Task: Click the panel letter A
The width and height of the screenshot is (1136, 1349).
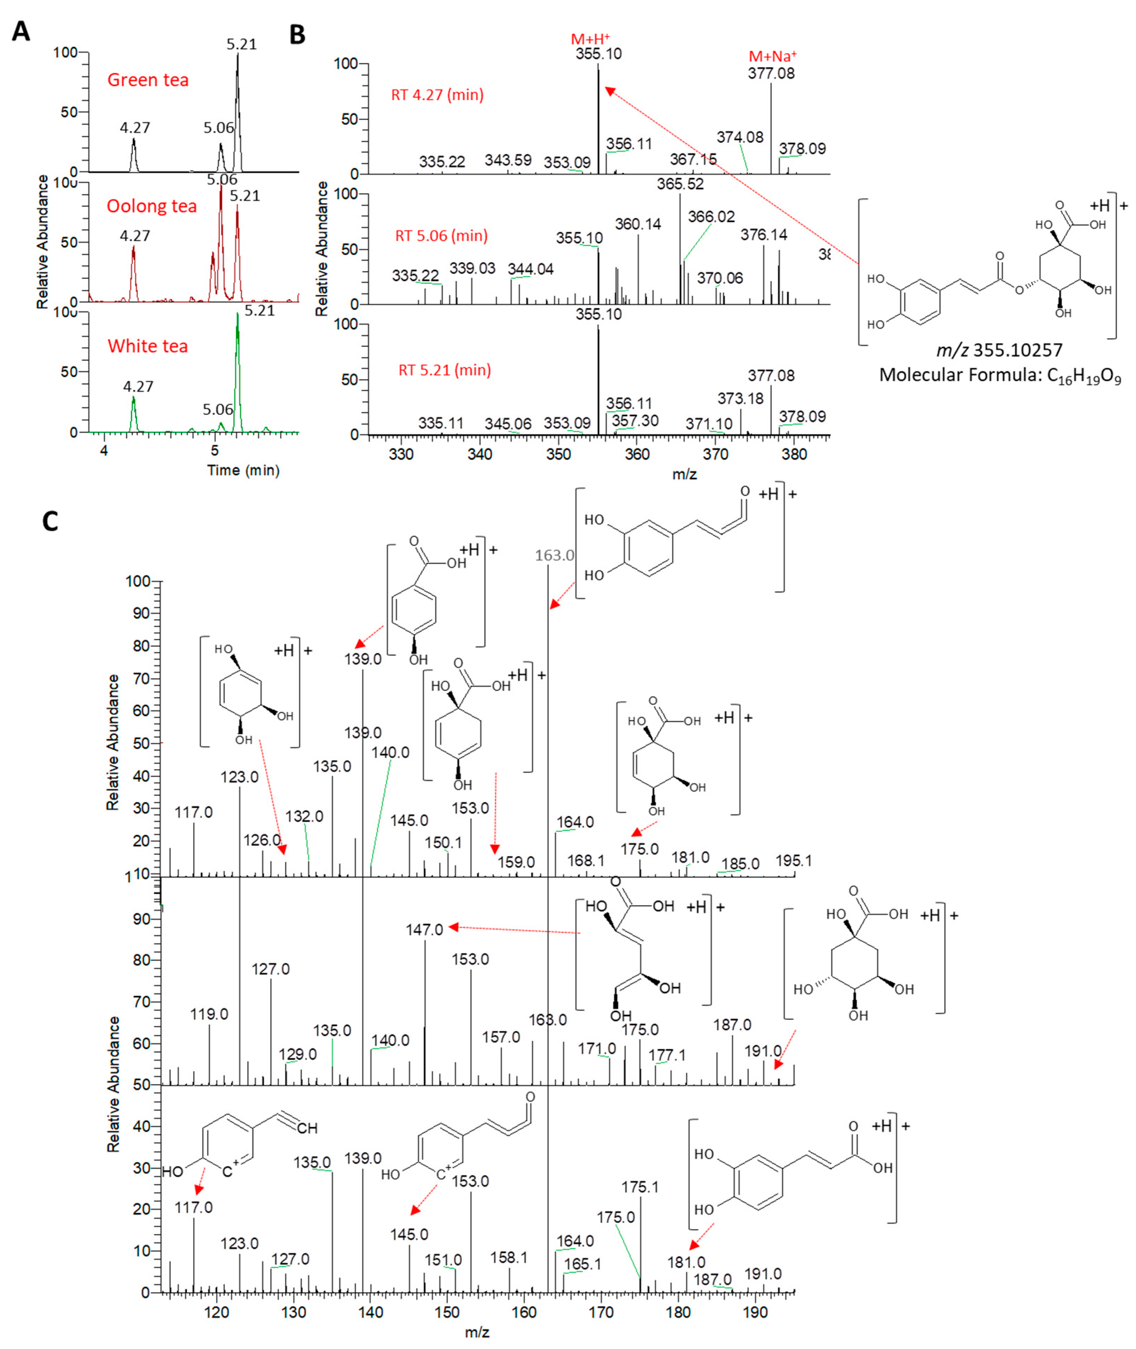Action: pyautogui.click(x=21, y=31)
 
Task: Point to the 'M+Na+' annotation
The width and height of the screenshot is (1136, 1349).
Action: pyautogui.click(x=772, y=57)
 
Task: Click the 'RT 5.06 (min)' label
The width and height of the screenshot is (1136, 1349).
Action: pyautogui.click(x=441, y=235)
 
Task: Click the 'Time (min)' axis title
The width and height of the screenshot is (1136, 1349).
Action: pyautogui.click(x=243, y=470)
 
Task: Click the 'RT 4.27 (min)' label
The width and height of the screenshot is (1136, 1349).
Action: pyautogui.click(x=437, y=95)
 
